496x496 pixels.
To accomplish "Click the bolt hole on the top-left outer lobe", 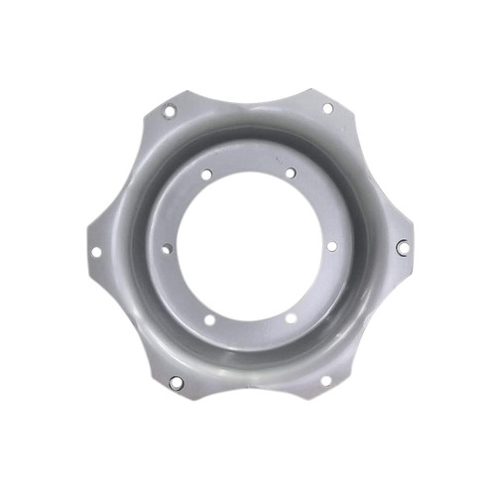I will [170, 110].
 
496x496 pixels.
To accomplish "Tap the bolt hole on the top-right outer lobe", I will [326, 108].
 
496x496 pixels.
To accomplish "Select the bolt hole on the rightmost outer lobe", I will [402, 247].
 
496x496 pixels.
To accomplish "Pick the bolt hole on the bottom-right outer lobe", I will [325, 380].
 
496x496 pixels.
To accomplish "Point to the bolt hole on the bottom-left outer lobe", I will [176, 382].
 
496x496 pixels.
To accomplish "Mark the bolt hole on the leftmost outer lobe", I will [96, 252].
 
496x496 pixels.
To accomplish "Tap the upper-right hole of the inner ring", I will [290, 174].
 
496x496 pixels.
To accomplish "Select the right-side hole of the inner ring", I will [331, 245].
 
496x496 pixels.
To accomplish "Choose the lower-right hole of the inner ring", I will [291, 318].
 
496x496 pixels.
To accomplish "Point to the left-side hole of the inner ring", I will [166, 249].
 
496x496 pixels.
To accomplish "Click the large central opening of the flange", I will [248, 247].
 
